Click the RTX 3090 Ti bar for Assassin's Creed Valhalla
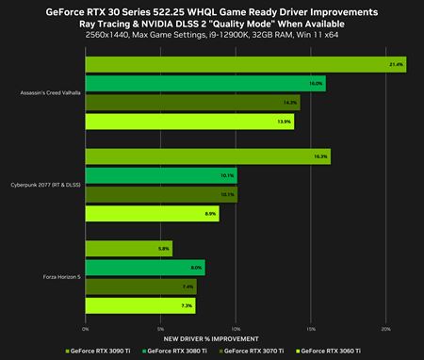tap(245, 64)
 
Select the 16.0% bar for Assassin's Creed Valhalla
tap(205, 83)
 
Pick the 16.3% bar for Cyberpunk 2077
tap(207, 156)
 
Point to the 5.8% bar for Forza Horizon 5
tap(129, 249)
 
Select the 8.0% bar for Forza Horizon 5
tap(145, 268)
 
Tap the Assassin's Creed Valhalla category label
tap(50, 92)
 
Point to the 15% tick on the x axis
tap(311, 329)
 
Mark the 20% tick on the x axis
tap(385, 329)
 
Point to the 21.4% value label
tap(396, 64)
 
